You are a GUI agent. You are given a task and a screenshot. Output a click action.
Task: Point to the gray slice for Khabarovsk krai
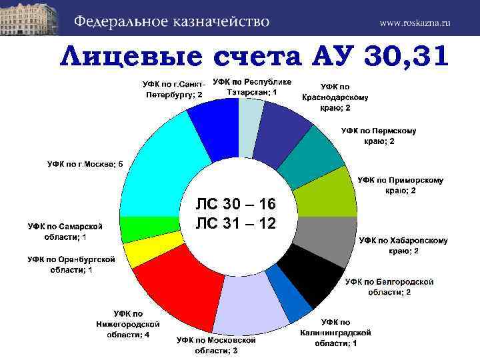327,239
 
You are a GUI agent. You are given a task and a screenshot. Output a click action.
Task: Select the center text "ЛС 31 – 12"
236,223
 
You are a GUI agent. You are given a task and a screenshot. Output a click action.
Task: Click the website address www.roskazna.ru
415,22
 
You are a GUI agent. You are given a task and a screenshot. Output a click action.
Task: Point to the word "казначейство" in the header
214,21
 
